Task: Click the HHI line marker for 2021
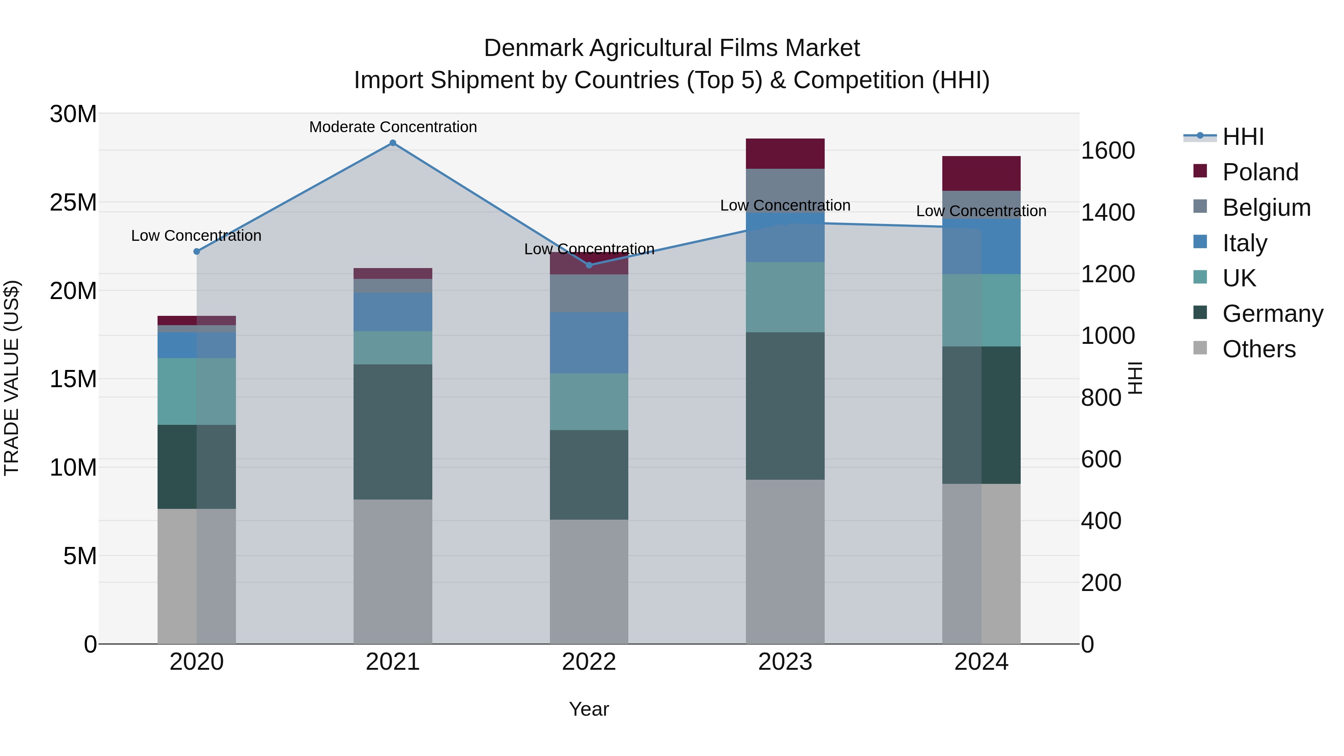(x=393, y=143)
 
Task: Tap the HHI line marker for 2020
(x=197, y=252)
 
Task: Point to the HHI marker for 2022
(x=589, y=265)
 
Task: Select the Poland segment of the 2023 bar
(x=785, y=153)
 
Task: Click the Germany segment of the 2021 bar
(x=393, y=432)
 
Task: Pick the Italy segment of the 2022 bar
(x=589, y=342)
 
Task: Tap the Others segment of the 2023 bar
(x=785, y=561)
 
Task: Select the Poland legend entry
(x=1260, y=172)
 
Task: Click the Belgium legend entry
(x=1266, y=208)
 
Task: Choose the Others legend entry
(x=1259, y=349)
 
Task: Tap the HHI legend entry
(x=1243, y=137)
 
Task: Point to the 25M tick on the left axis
(x=74, y=202)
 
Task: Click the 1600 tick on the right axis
(x=1108, y=151)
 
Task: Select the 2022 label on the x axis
(x=589, y=662)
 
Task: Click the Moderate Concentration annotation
(x=393, y=127)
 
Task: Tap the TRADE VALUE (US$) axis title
(x=12, y=378)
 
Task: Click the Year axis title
(x=589, y=709)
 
